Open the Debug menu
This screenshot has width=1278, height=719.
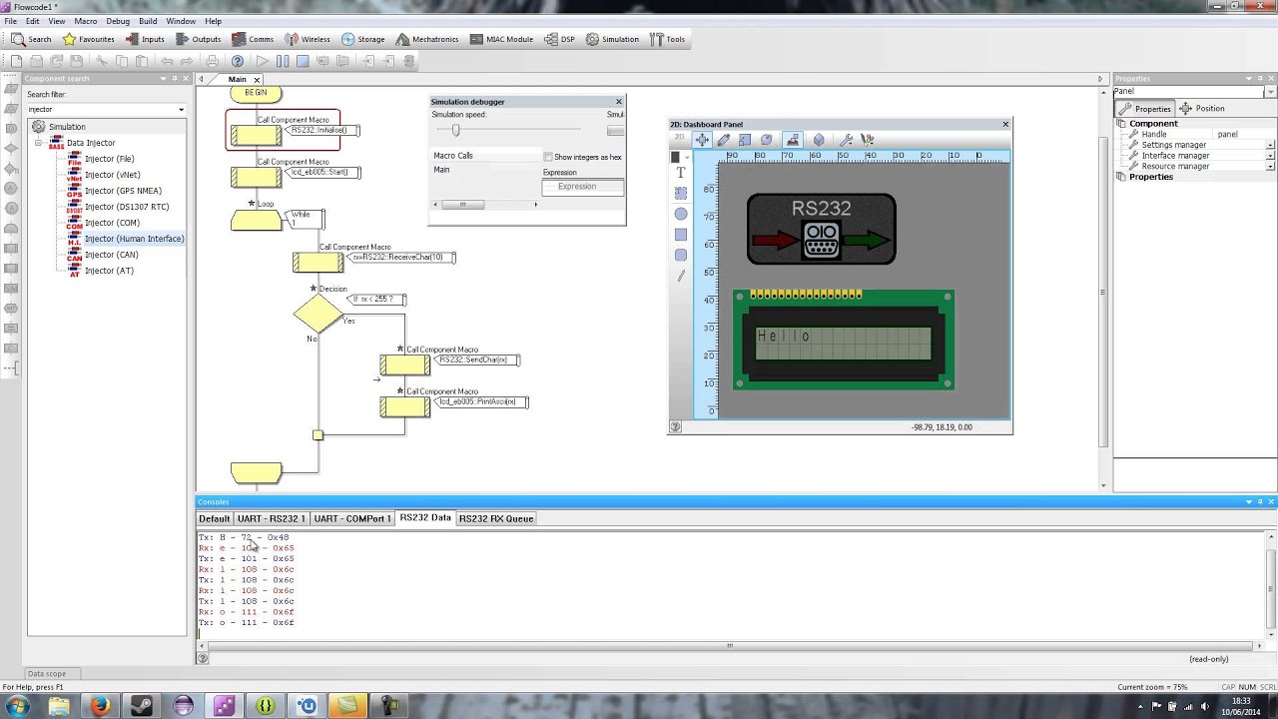click(117, 21)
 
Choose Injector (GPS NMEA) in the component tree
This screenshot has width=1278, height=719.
click(123, 191)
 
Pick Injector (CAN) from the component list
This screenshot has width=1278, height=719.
click(111, 255)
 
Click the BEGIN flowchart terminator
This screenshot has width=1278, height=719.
click(256, 93)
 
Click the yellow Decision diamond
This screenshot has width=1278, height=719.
click(318, 314)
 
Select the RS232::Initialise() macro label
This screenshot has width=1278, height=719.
click(319, 131)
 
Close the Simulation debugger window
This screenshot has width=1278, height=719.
click(619, 102)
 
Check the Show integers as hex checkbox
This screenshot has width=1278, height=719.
click(548, 157)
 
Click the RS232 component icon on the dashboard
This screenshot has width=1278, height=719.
click(821, 229)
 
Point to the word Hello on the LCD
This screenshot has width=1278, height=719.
click(784, 337)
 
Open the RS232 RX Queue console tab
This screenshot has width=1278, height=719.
click(495, 518)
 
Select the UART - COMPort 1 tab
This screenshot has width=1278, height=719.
click(352, 518)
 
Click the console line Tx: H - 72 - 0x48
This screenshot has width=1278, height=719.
click(244, 537)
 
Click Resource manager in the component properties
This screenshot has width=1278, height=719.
click(1175, 167)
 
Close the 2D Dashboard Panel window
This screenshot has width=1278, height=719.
click(1005, 124)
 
